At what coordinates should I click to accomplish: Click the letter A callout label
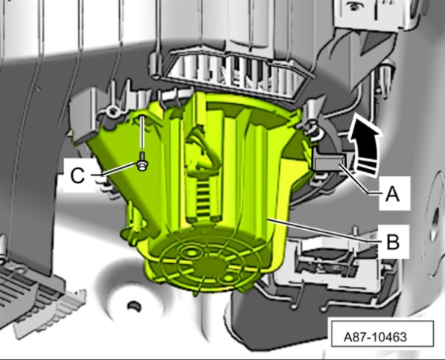(392, 195)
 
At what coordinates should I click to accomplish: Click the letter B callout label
(393, 242)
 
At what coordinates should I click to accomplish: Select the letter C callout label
(77, 176)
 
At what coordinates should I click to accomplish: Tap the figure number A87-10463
(375, 337)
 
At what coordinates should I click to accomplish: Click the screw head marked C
(141, 165)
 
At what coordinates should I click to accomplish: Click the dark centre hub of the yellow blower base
(211, 268)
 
